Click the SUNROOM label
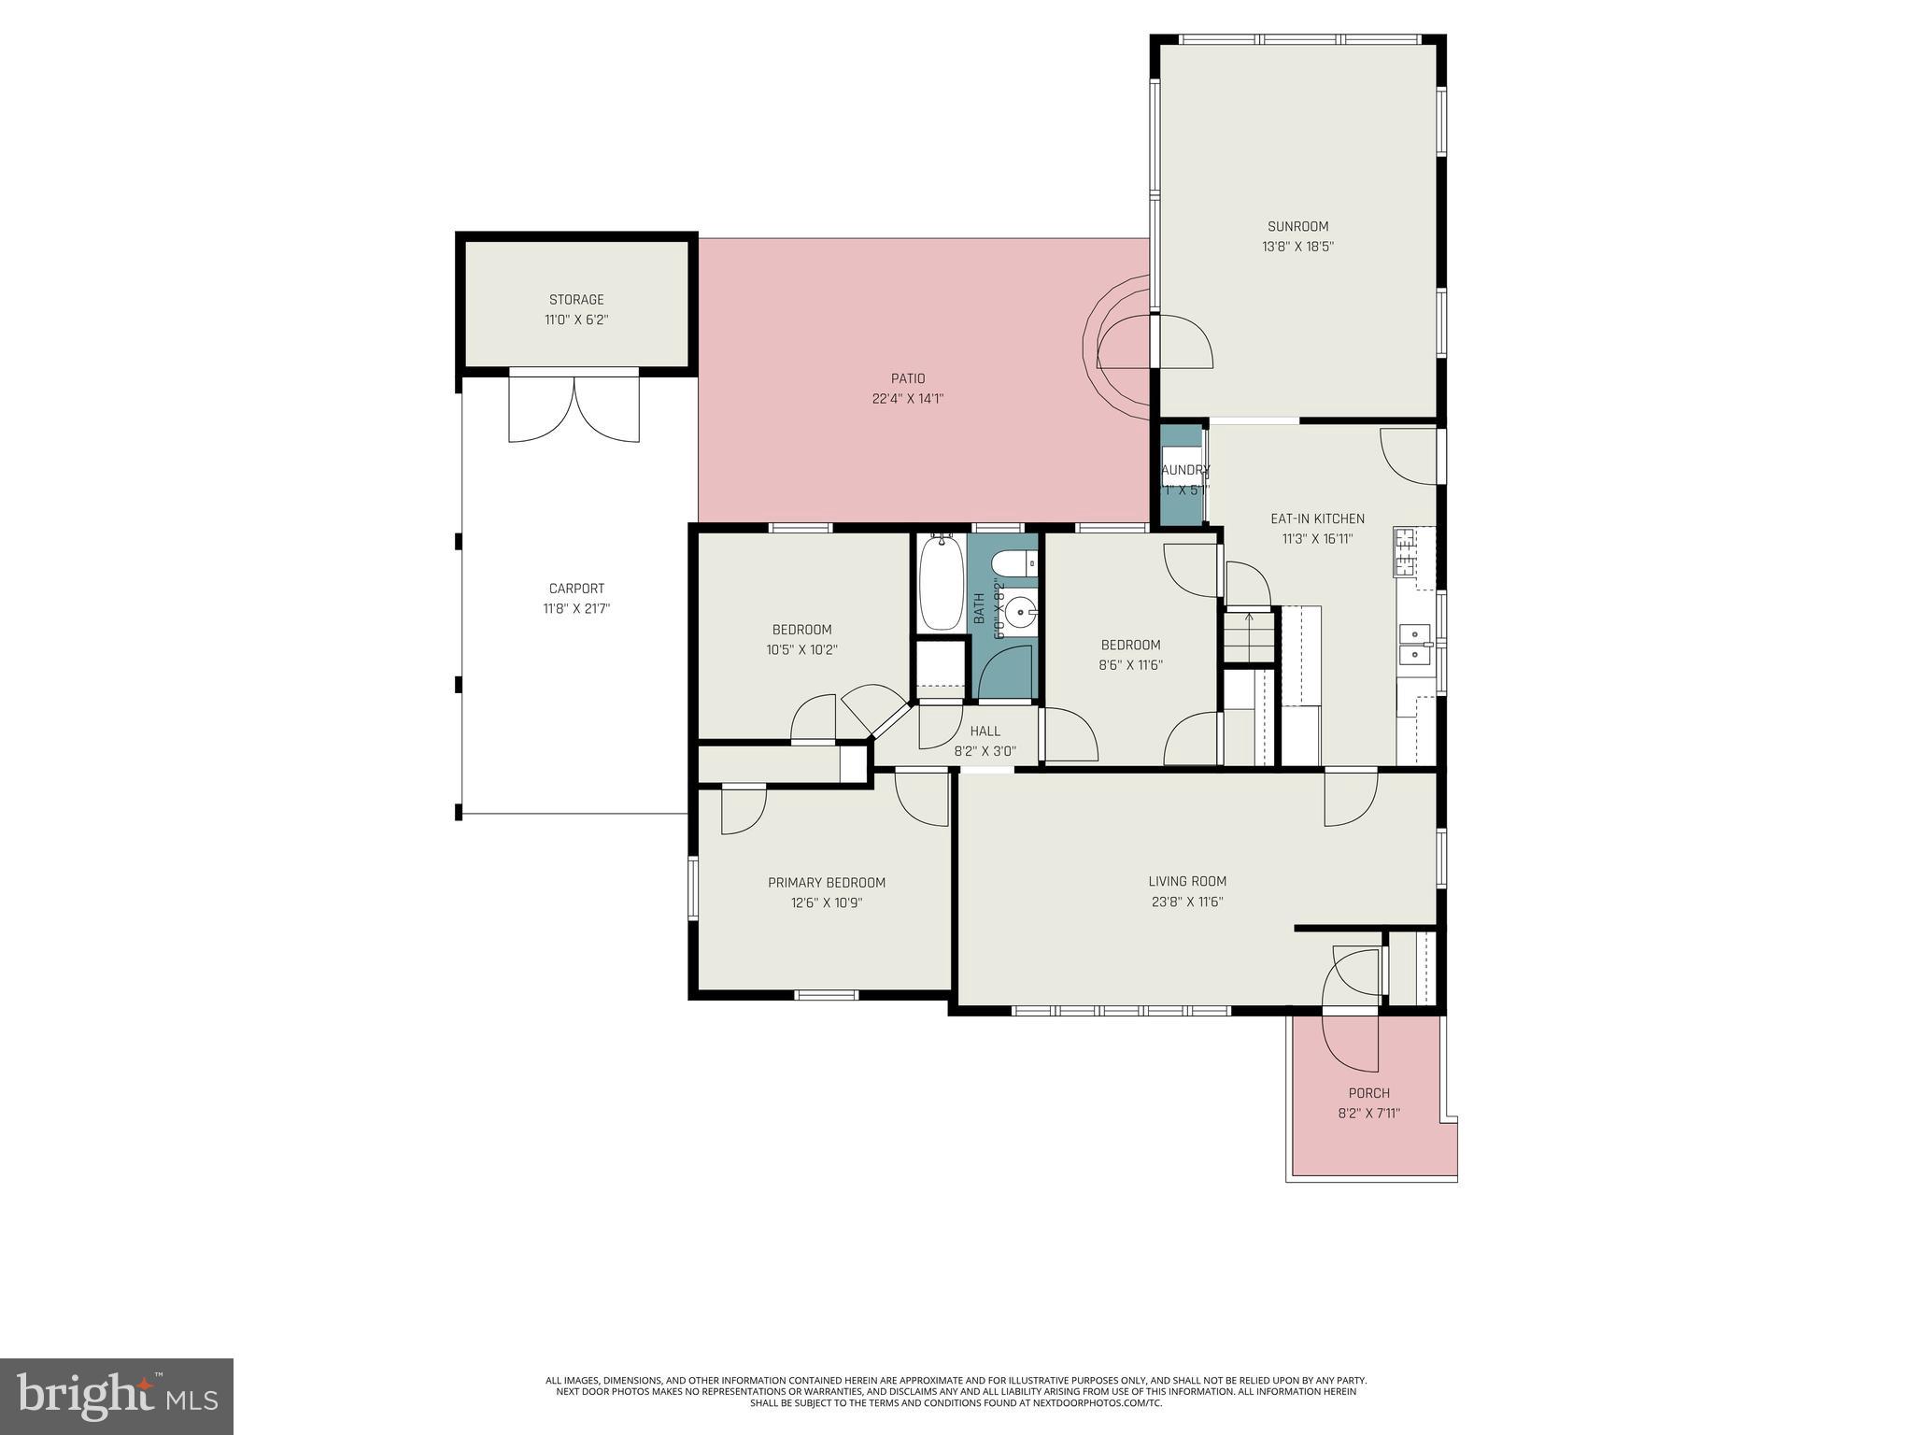1297,226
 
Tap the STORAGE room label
576,300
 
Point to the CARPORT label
576,589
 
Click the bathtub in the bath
940,583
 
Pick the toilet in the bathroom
1013,563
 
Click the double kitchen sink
1415,644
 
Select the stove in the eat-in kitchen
1405,551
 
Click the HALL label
985,732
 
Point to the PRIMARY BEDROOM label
827,883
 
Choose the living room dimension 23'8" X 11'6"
1187,902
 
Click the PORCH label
1368,1093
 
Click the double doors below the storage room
574,408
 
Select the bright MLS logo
117,1397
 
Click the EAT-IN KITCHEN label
1317,519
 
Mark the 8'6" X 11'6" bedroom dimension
1130,665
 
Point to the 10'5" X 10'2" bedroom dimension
801,650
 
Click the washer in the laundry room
1181,467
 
